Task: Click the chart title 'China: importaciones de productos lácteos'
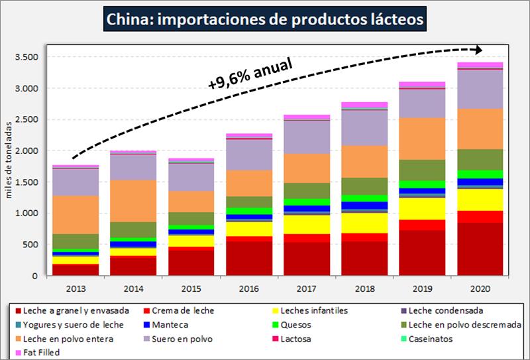pos(265,19)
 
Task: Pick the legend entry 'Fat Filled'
pos(42,353)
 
